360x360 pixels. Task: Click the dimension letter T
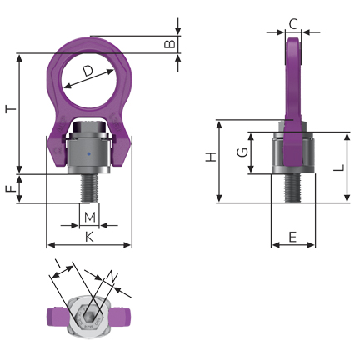pyautogui.click(x=11, y=109)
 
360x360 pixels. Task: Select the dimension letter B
pyautogui.click(x=170, y=44)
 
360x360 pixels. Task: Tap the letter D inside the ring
pyautogui.click(x=87, y=71)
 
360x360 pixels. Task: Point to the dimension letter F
pyautogui.click(x=11, y=189)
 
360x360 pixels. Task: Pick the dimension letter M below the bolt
pyautogui.click(x=90, y=217)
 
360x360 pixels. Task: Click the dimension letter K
pyautogui.click(x=89, y=237)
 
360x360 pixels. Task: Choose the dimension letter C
pyautogui.click(x=293, y=24)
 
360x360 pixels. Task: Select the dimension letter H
pyautogui.click(x=211, y=157)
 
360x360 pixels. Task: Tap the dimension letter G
pyautogui.click(x=242, y=152)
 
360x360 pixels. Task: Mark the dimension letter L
pyautogui.click(x=339, y=167)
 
